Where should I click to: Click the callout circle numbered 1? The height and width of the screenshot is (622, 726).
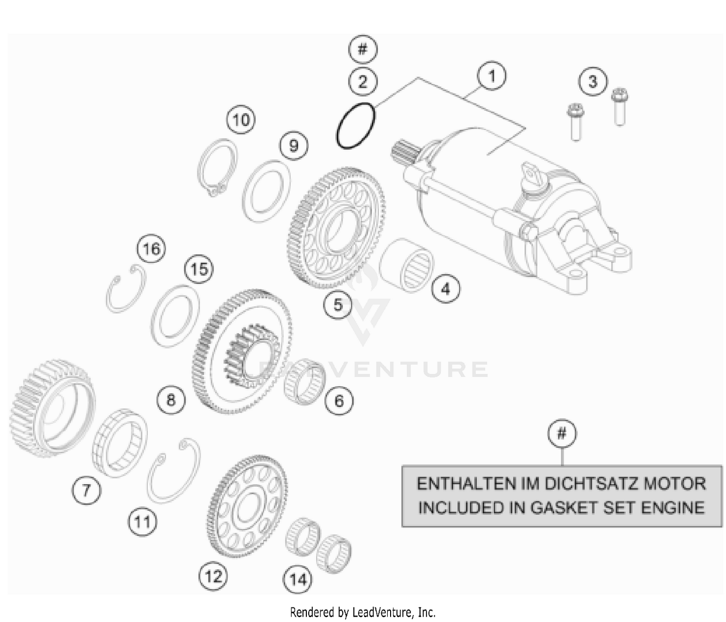coord(492,76)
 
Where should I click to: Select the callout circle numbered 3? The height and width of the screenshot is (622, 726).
coord(593,81)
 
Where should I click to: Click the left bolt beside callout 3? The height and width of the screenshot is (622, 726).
coord(575,122)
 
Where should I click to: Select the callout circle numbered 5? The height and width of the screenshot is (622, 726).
coord(338,304)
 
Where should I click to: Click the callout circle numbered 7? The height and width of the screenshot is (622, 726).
coord(86,490)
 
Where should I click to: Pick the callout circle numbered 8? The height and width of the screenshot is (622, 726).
coord(171,400)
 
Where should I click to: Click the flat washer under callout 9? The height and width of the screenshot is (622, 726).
coord(266,192)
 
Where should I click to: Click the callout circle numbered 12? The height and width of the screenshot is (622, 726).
coord(213,576)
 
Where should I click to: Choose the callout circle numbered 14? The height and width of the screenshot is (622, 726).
coord(298,578)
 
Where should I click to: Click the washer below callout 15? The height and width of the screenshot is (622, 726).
coord(175,317)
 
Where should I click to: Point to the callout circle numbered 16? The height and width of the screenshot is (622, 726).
coord(151,249)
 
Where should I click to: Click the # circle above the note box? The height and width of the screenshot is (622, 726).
coord(562,433)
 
